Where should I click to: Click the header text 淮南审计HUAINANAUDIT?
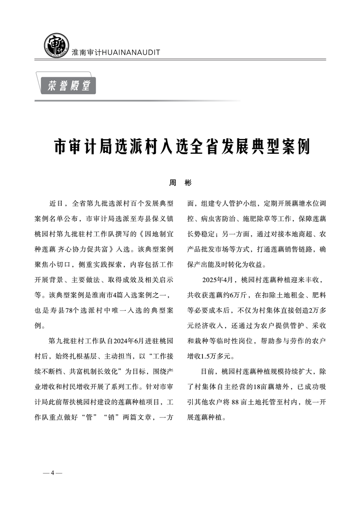pos(116,52)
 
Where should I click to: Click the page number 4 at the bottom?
pos(52,473)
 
